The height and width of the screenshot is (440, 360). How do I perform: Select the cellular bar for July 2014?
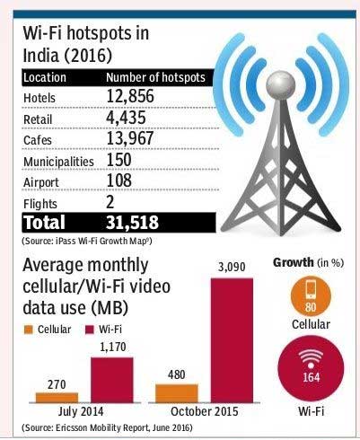(57, 396)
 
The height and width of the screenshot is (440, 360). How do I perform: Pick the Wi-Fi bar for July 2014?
(111, 379)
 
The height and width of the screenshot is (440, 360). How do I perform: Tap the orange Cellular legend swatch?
(29, 329)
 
